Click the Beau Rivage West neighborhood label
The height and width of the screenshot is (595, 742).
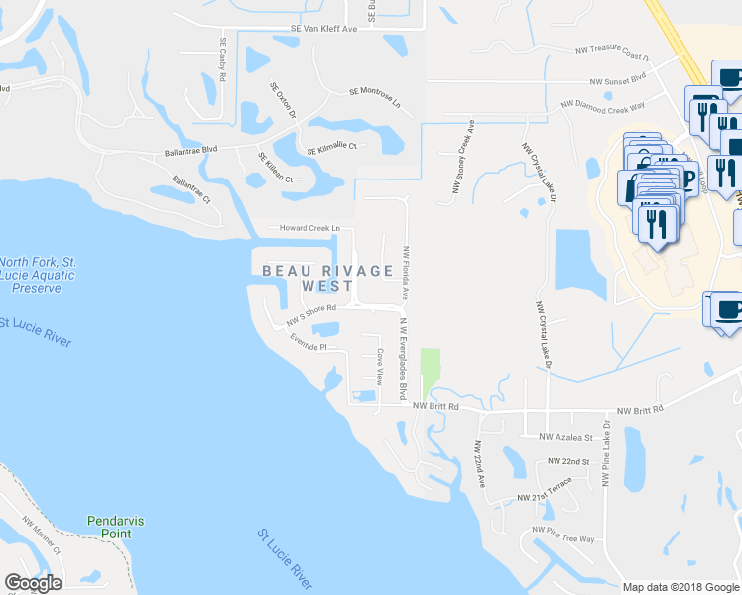(308, 277)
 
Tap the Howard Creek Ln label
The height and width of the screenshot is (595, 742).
(310, 228)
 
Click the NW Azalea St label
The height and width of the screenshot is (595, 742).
(564, 437)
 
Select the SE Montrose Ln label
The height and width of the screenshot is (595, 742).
(374, 96)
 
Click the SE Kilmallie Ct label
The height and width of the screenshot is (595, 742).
(330, 148)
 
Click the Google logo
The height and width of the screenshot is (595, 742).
(33, 583)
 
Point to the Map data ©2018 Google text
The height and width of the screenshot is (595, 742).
(680, 587)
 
